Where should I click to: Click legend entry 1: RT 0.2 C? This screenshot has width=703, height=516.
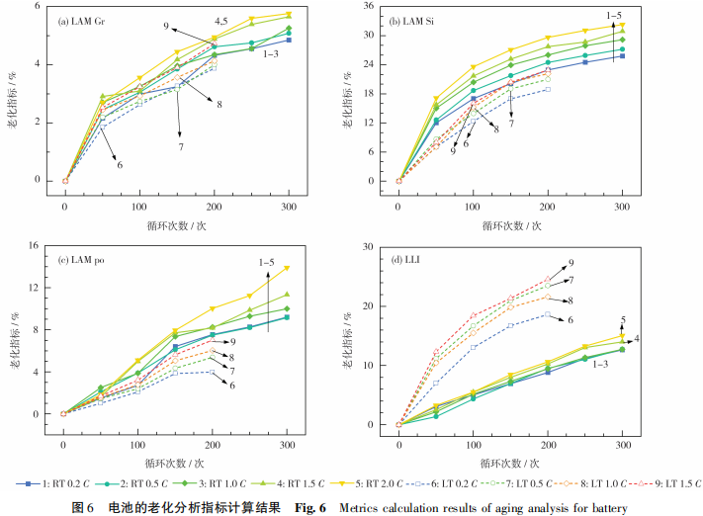(55, 484)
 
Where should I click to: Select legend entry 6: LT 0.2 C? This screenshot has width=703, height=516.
(420, 484)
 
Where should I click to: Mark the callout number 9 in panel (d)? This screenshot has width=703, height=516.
(571, 264)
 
